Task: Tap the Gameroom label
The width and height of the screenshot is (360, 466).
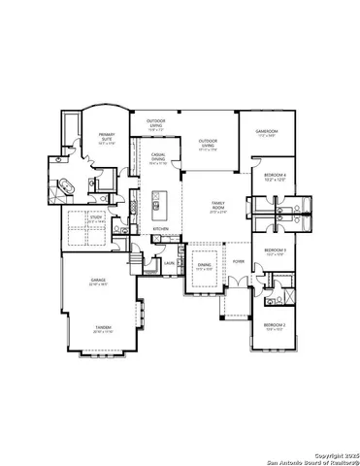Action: pos(267,132)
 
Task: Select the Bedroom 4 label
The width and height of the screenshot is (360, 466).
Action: pos(272,176)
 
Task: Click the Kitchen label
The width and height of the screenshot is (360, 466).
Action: pos(161,229)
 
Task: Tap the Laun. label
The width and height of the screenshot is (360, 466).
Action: pos(169,262)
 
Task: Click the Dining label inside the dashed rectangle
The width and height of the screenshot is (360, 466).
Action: pos(205,265)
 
